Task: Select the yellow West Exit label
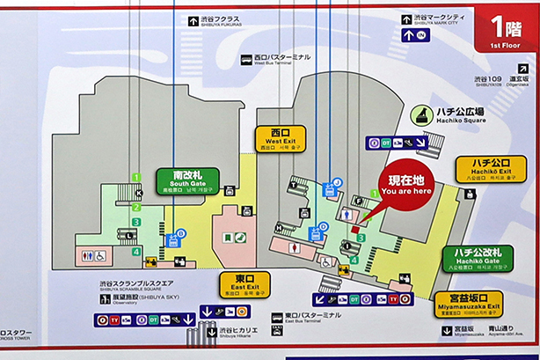(281, 137)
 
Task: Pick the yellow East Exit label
(244, 285)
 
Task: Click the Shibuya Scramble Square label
(136, 285)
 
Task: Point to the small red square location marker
(354, 230)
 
